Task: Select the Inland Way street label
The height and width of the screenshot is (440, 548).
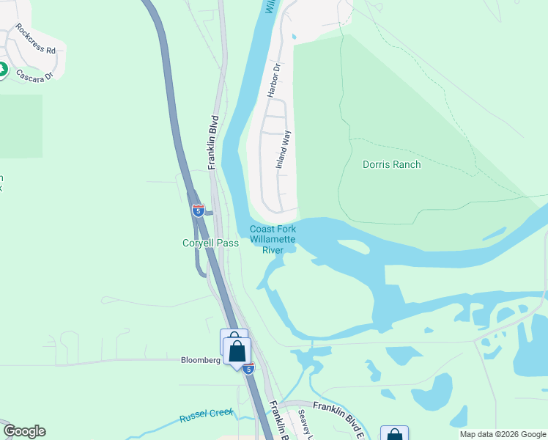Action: pos(284,150)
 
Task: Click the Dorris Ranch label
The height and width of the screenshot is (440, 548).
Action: pos(392,164)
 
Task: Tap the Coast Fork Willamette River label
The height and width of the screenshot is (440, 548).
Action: pos(273,240)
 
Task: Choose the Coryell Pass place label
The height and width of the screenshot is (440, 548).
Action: pos(211,243)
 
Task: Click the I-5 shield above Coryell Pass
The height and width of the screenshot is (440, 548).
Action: pos(199,210)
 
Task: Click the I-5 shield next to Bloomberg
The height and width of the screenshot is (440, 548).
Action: pos(249,369)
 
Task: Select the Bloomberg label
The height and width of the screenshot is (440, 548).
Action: pos(201,360)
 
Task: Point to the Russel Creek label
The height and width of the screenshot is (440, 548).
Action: pos(206,415)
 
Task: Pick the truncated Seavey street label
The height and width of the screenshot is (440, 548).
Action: pos(305,426)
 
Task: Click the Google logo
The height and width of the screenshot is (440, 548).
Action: pos(24,431)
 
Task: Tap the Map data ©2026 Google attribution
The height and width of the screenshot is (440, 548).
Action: pos(503,434)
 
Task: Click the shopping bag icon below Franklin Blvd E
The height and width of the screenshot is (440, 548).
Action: pos(394,434)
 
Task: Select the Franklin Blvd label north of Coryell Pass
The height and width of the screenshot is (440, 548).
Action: pos(214,142)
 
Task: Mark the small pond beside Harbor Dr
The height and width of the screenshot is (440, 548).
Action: pos(293,36)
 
